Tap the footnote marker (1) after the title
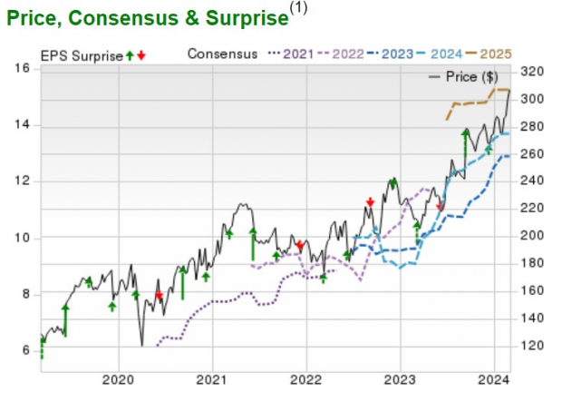[298, 9]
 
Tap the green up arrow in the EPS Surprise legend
[130, 55]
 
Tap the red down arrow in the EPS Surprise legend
[141, 55]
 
